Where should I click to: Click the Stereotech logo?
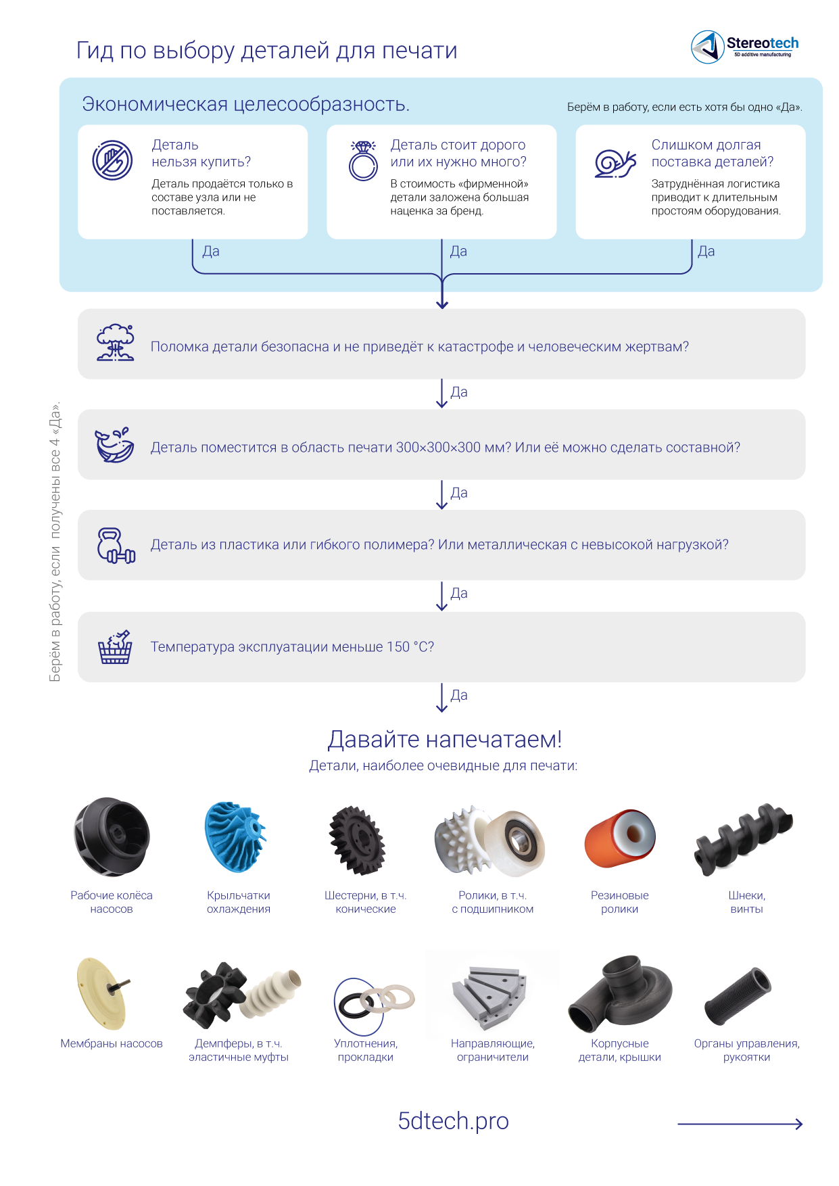[744, 47]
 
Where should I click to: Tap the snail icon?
[615, 162]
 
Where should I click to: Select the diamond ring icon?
[363, 160]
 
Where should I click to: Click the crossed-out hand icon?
[112, 160]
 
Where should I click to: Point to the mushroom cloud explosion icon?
[115, 343]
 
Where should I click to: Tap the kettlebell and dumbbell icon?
[116, 545]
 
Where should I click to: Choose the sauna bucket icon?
[115, 647]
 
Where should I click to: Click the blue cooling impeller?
[235, 836]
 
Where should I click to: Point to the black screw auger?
[744, 838]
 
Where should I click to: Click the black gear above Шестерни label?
[357, 840]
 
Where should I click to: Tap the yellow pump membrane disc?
[102, 991]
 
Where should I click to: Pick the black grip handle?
[738, 997]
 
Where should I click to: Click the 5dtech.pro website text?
[453, 1121]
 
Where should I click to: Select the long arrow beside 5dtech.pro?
[740, 1124]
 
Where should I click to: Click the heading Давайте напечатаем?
[444, 739]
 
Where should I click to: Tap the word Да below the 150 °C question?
[459, 695]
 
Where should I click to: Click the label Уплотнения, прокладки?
[366, 1050]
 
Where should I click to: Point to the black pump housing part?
[620, 993]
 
